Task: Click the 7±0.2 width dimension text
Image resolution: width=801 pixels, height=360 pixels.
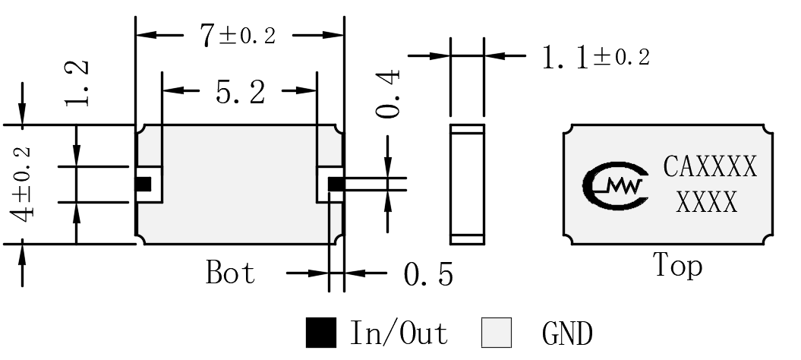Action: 238,36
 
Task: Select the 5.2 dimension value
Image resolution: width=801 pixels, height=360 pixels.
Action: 240,93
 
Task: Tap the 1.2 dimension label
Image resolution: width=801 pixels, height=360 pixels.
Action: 77,84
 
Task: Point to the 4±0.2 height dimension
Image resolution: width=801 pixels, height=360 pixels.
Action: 23,185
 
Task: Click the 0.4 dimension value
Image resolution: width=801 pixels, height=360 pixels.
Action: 388,95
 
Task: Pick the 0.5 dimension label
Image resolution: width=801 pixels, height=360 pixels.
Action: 428,275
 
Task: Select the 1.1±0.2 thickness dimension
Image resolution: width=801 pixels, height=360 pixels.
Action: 596,57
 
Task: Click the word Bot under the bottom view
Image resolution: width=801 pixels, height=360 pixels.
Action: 230,272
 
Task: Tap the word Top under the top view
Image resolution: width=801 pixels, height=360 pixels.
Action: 677,266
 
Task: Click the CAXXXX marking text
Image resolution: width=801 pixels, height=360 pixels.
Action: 710,166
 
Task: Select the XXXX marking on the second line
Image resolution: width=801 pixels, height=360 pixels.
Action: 707,202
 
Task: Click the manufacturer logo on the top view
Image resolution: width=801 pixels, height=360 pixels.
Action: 616,185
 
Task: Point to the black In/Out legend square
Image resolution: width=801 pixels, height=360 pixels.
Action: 321,333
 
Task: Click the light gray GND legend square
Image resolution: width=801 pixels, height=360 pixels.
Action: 497,333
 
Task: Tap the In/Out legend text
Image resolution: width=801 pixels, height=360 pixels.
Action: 399,333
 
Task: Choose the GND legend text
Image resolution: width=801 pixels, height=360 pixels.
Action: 568,334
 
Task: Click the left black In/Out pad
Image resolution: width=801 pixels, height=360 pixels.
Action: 143,184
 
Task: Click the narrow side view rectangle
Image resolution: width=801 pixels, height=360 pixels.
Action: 467,184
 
